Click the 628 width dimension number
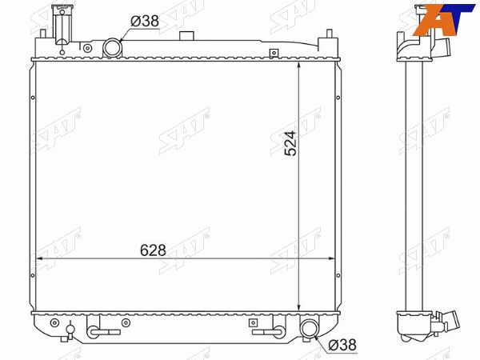[153, 250]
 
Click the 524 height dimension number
[290, 143]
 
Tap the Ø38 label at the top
[145, 21]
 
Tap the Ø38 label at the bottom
[342, 345]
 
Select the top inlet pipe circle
[113, 47]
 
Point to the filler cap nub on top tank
[186, 35]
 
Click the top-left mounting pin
[43, 34]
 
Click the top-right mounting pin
[330, 34]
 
